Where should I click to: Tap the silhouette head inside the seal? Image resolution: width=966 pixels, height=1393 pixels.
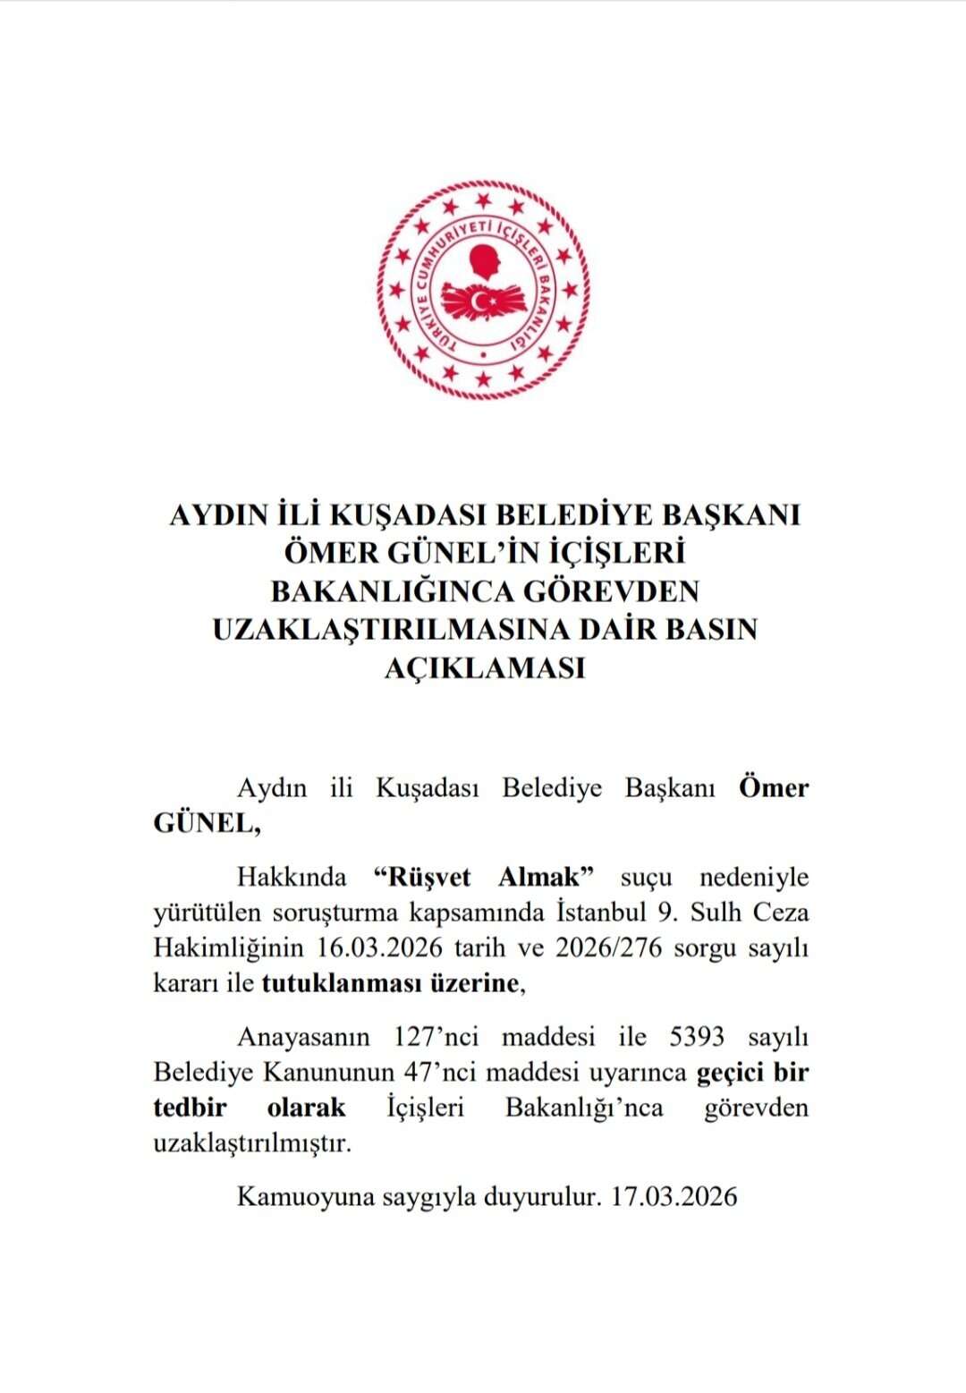coord(487,264)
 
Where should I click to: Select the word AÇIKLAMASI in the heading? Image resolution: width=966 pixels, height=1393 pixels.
coord(484,667)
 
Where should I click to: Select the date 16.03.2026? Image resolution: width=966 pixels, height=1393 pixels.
coord(381,947)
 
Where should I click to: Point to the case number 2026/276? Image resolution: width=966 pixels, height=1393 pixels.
coord(608,947)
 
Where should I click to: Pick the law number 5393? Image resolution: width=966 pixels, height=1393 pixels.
coord(697,1037)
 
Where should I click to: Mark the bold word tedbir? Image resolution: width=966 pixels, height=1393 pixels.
coord(190,1108)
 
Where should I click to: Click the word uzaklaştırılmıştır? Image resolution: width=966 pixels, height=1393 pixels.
coord(251,1143)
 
